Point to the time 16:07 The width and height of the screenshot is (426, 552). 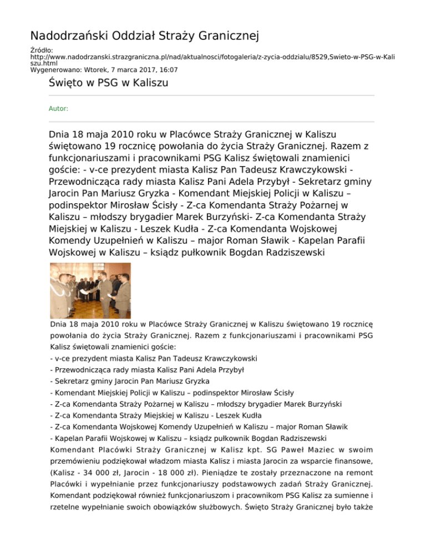168,70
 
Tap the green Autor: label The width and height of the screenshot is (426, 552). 59,109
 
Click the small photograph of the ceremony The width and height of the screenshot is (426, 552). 90,290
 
